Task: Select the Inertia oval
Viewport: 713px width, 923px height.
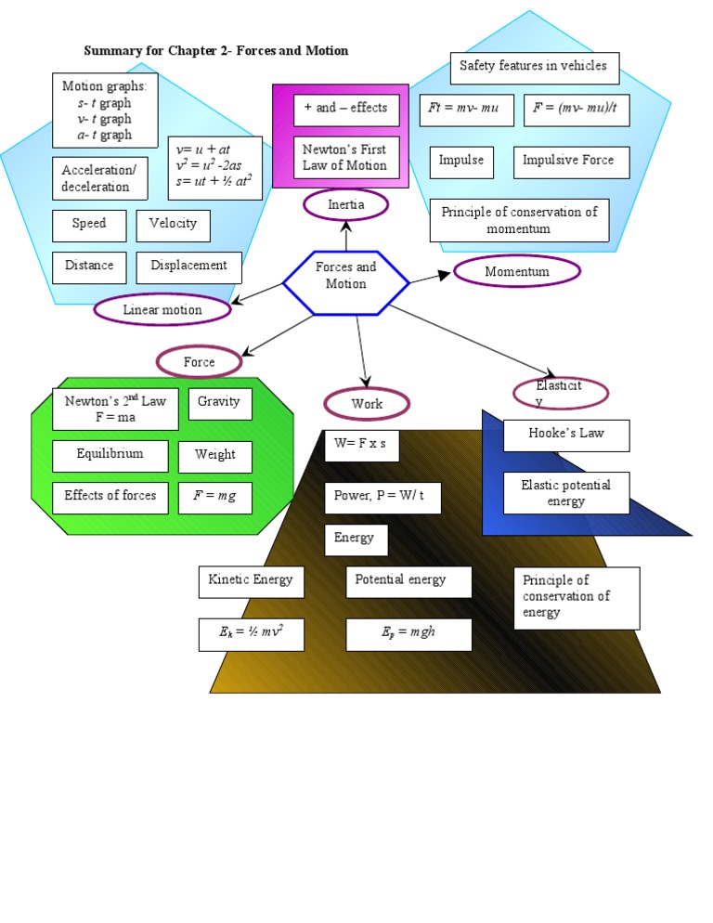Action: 345,204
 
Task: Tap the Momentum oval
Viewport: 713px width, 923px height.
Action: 517,271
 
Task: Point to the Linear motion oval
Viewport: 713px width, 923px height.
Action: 162,309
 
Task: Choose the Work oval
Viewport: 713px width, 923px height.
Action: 367,404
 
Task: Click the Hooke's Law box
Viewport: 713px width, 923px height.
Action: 565,435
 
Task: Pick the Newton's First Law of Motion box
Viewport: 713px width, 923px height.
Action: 344,158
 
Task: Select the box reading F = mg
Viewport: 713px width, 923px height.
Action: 214,496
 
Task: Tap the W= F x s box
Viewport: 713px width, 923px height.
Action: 361,445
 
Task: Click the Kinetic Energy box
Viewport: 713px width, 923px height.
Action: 251,581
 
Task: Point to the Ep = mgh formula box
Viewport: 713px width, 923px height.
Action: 408,634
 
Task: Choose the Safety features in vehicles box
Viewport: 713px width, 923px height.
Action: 533,67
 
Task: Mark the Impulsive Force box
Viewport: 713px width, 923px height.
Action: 568,162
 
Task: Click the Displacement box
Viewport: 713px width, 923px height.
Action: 188,266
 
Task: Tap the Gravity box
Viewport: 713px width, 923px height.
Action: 219,403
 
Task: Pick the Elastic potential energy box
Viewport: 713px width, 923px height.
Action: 565,493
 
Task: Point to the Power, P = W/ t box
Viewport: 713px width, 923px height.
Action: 382,497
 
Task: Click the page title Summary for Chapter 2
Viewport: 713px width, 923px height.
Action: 215,50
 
